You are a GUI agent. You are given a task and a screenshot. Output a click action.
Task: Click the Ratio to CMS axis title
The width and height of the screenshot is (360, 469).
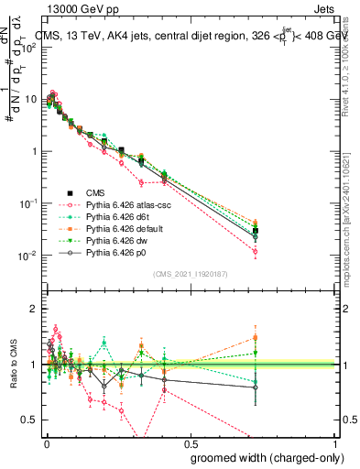tap(12, 365)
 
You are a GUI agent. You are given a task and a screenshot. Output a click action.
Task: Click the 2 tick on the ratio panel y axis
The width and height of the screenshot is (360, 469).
tap(33, 310)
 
